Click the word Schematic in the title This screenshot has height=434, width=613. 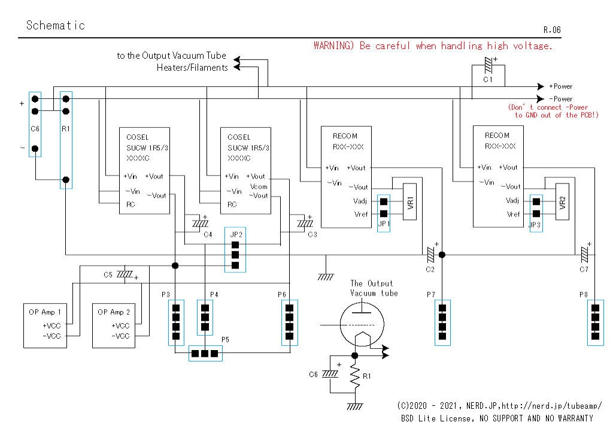click(x=56, y=25)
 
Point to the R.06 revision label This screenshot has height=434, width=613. click(x=552, y=29)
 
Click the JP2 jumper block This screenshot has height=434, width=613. click(x=235, y=250)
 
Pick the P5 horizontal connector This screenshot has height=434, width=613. click(x=205, y=354)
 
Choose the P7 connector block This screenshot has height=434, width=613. click(x=442, y=323)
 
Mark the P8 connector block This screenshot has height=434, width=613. click(x=595, y=323)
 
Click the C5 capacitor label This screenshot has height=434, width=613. click(x=108, y=275)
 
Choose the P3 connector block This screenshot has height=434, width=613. click(x=176, y=323)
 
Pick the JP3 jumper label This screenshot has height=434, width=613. click(x=535, y=225)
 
